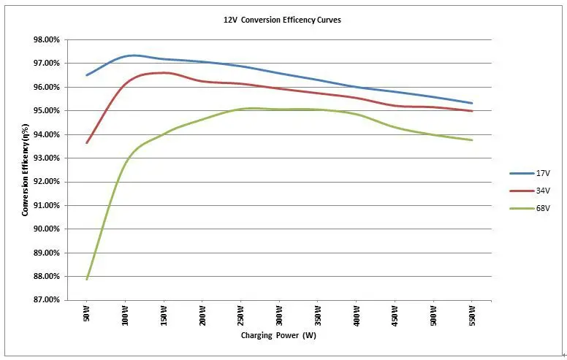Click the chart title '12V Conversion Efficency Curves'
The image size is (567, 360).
coord(282,20)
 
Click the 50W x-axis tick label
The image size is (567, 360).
coord(86,317)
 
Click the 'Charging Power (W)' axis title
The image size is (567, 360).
coord(279,337)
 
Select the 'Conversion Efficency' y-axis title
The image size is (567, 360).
coord(26,169)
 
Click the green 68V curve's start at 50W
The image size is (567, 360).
coord(87,279)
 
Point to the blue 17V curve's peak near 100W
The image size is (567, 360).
coord(132,55)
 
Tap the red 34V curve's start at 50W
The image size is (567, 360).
coord(87,142)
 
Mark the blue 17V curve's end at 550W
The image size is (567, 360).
coord(472,103)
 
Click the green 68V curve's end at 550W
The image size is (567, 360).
coord(472,140)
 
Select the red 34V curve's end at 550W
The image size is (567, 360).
coord(472,111)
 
